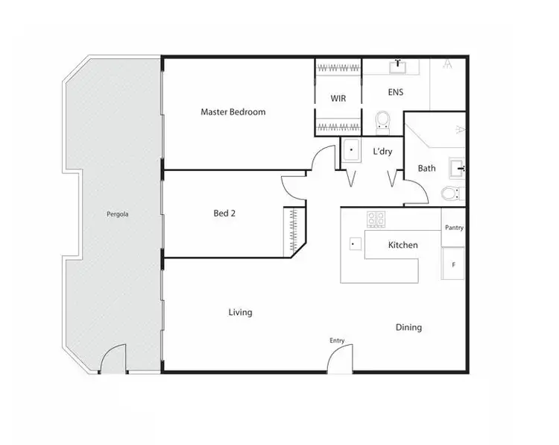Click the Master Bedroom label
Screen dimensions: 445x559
(233, 112)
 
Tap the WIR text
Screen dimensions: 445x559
(338, 98)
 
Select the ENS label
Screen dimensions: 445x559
(395, 93)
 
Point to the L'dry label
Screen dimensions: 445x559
(382, 152)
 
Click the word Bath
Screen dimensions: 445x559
(426, 168)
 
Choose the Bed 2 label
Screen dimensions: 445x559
(224, 214)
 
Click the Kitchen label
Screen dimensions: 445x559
(402, 245)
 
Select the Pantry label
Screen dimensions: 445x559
(453, 228)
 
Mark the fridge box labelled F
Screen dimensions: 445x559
(453, 264)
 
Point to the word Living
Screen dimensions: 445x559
(240, 312)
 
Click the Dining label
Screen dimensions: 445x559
(408, 327)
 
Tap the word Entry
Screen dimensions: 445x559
(337, 341)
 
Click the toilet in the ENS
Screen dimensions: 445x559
(383, 121)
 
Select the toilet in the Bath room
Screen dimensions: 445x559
(450, 194)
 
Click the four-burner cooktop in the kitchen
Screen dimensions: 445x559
(376, 220)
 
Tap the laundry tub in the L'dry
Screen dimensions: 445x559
(351, 151)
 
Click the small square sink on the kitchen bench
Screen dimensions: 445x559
(355, 243)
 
